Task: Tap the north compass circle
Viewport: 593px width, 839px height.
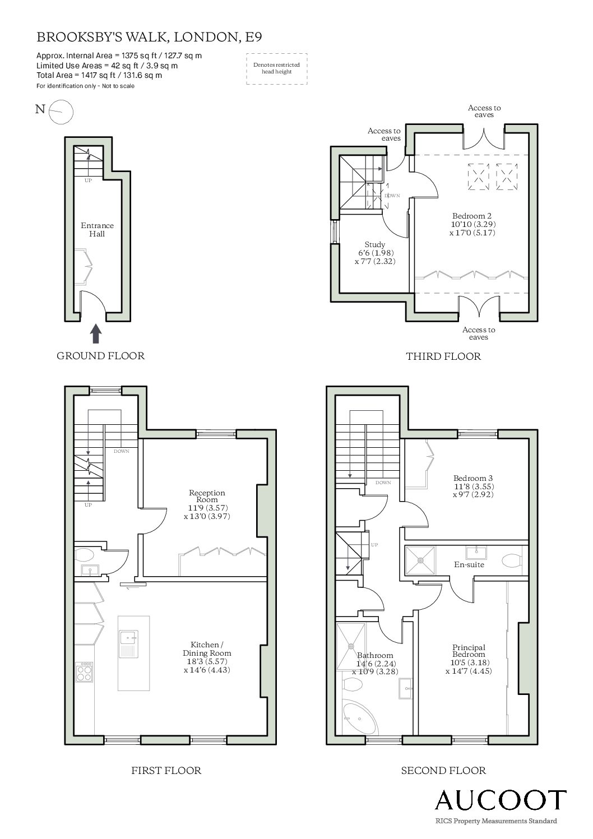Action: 61,112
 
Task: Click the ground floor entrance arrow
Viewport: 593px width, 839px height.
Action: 96,333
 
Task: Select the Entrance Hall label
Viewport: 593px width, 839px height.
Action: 97,230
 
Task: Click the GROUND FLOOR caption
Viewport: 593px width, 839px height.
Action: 100,356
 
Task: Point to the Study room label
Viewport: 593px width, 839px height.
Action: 374,245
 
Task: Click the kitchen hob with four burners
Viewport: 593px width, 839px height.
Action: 84,672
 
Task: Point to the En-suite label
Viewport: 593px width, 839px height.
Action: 469,564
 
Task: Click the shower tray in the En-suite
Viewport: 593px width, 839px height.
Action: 421,560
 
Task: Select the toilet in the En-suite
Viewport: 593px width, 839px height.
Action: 511,560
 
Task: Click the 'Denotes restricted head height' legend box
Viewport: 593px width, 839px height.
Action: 277,68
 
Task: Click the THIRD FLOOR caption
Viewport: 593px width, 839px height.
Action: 443,356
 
